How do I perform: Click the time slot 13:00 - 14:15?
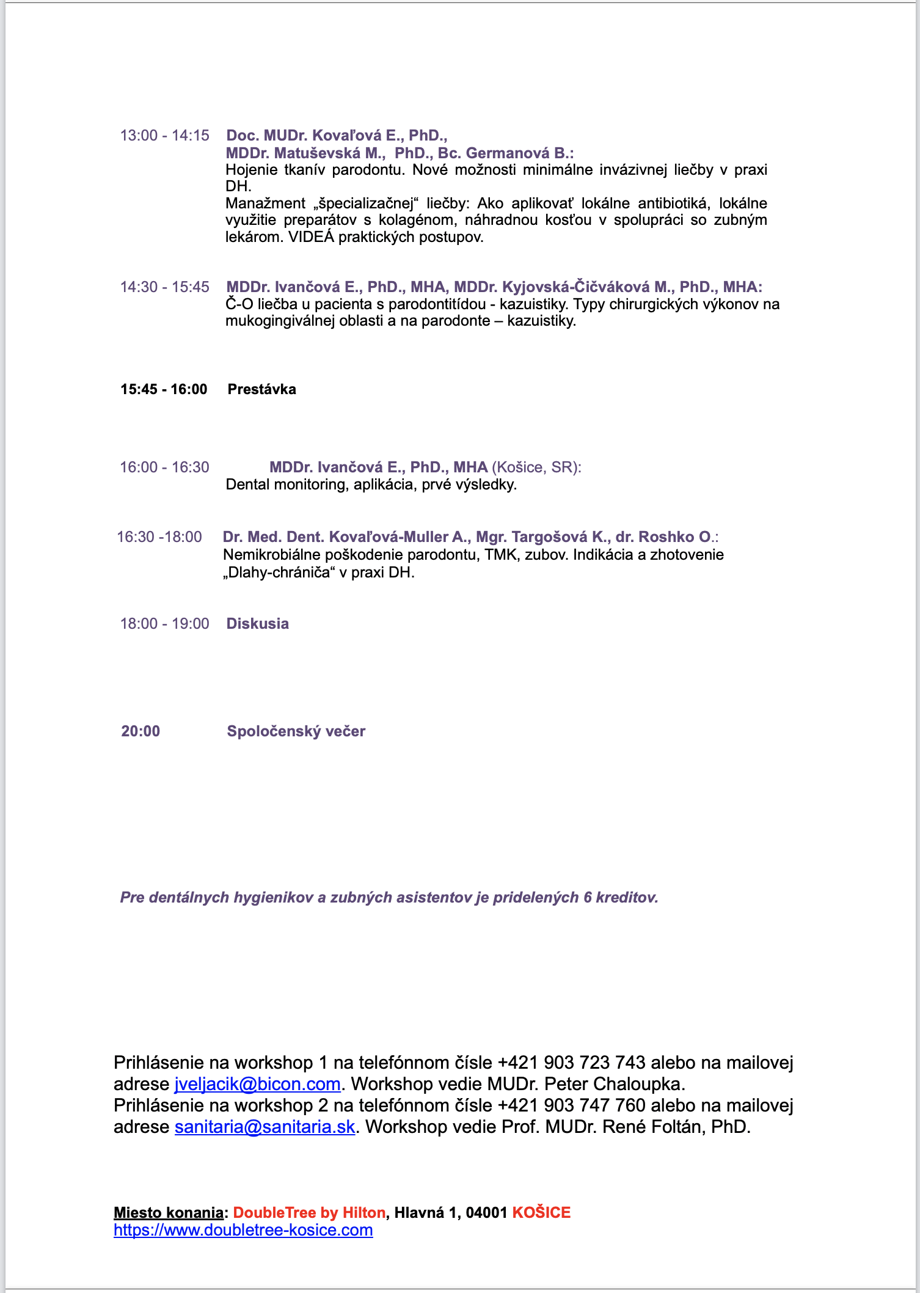[164, 136]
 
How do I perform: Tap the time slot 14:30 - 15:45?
[164, 287]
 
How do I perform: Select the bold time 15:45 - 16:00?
[164, 389]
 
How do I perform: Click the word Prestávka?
[261, 389]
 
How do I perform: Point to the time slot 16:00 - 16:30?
[164, 467]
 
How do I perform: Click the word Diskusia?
[257, 624]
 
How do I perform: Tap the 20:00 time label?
[141, 731]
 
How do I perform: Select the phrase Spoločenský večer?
[296, 731]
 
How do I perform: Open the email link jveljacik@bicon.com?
[257, 1084]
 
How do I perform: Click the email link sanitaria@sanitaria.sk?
[265, 1127]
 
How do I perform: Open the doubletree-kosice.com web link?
[243, 1230]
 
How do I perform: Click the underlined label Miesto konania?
[169, 1213]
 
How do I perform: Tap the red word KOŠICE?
[541, 1213]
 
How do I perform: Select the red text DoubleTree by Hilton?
[309, 1213]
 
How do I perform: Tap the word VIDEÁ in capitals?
[311, 237]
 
